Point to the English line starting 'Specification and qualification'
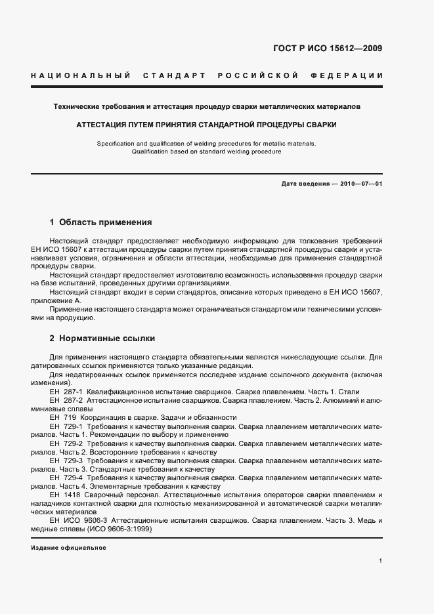coord(206,142)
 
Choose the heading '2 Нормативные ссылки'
coord(102,338)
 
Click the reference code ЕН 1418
coord(63,494)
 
